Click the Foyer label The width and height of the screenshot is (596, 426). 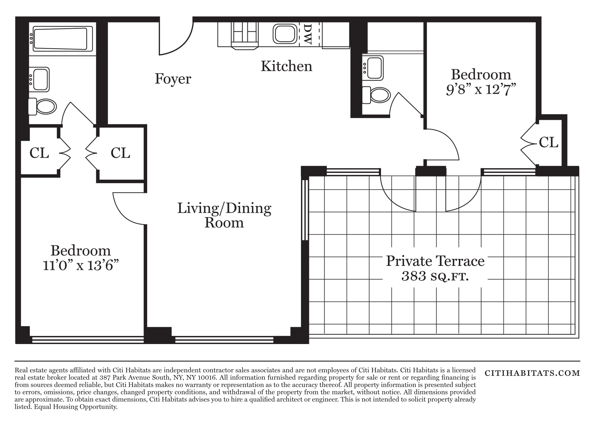click(173, 79)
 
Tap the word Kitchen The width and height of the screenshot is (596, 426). click(286, 66)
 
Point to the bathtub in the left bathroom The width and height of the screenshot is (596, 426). click(63, 39)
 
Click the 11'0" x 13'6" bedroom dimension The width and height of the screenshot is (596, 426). click(81, 265)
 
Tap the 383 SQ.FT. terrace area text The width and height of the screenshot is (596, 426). click(435, 276)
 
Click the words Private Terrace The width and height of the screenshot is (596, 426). click(435, 261)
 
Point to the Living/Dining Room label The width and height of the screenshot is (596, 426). click(224, 215)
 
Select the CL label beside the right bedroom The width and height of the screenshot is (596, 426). click(548, 142)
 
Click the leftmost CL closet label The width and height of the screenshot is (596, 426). click(39, 153)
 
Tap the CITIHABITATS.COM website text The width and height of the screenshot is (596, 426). click(532, 373)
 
